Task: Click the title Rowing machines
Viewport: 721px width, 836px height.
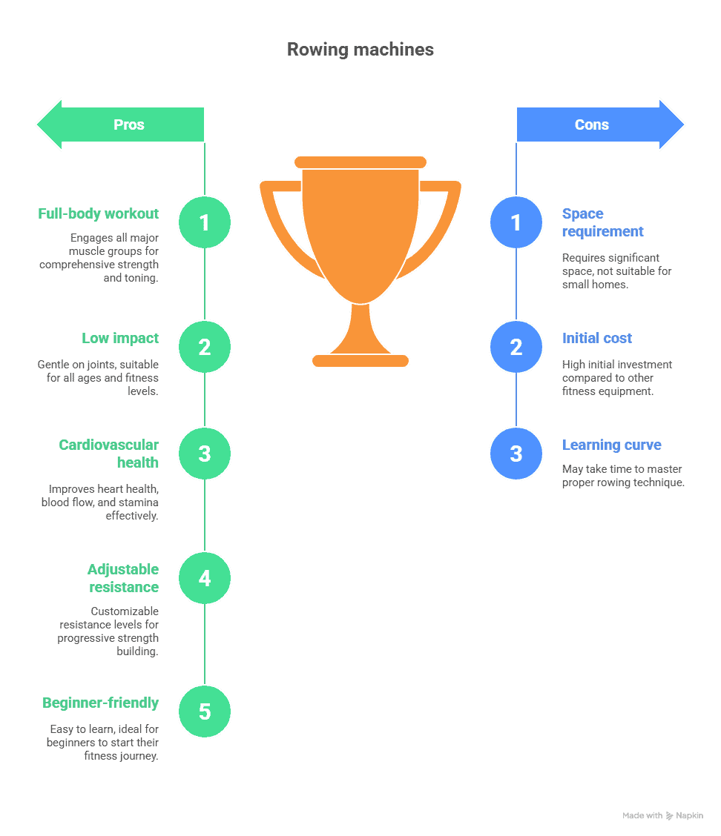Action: click(x=360, y=50)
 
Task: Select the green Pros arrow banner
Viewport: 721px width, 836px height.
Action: click(x=122, y=125)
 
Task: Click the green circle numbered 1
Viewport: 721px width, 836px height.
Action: click(x=205, y=222)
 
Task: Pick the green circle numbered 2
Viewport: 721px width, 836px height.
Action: click(x=205, y=347)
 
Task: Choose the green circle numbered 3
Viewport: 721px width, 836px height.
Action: click(x=205, y=454)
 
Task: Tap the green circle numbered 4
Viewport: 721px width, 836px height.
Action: click(x=205, y=578)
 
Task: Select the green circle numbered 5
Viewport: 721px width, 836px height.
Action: click(x=205, y=711)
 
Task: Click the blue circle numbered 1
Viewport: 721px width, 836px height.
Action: click(x=516, y=222)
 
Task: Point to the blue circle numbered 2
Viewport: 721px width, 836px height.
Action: click(x=516, y=347)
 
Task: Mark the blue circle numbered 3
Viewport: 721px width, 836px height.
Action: click(x=516, y=454)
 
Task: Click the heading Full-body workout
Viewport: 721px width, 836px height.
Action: click(x=99, y=213)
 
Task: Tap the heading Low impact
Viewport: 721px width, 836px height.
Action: click(x=120, y=338)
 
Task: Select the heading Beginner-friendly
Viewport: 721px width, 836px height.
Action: click(x=101, y=703)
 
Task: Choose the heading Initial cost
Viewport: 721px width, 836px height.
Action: click(x=597, y=338)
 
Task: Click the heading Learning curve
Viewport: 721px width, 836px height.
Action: click(x=612, y=445)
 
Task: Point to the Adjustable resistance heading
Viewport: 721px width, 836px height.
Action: click(x=123, y=578)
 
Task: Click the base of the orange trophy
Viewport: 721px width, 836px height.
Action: click(x=360, y=361)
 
